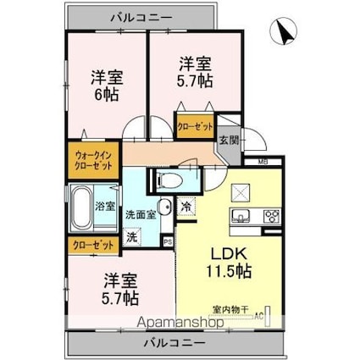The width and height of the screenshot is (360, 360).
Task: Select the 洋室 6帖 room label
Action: [x=108, y=85]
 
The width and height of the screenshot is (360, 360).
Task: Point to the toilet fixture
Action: [x=166, y=180]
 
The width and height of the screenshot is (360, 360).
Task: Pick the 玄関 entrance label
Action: [x=230, y=141]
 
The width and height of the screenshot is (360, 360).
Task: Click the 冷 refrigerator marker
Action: [x=186, y=206]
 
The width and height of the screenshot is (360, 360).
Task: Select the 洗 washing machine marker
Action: [x=131, y=238]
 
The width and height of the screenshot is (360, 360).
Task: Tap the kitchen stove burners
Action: [x=272, y=215]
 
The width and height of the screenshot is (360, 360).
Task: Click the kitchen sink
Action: [x=240, y=213]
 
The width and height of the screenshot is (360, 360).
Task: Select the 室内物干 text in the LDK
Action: [x=224, y=310]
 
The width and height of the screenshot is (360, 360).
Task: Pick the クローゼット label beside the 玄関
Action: [x=196, y=126]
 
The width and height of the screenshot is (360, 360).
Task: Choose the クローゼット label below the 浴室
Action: [x=91, y=246]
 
